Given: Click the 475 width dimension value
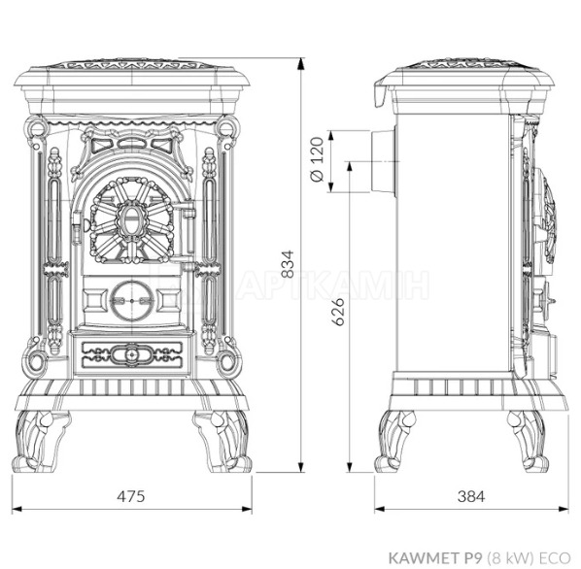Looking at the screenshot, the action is tap(131, 496).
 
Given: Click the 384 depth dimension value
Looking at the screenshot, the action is tap(471, 496).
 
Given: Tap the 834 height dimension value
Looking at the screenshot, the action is tap(288, 264).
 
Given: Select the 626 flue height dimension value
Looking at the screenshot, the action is tap(337, 312).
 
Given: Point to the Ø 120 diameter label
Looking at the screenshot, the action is tap(317, 159).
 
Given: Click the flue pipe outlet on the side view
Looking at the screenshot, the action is tap(383, 161).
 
